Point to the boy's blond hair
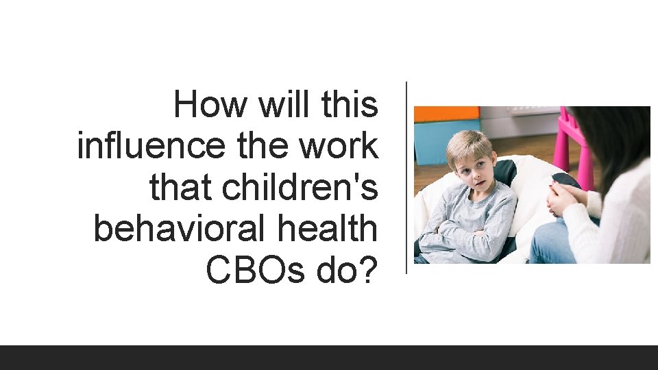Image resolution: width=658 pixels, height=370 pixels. point(470,144)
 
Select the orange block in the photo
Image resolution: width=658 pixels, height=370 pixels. point(446,114)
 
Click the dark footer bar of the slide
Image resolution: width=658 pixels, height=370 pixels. point(329,357)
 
